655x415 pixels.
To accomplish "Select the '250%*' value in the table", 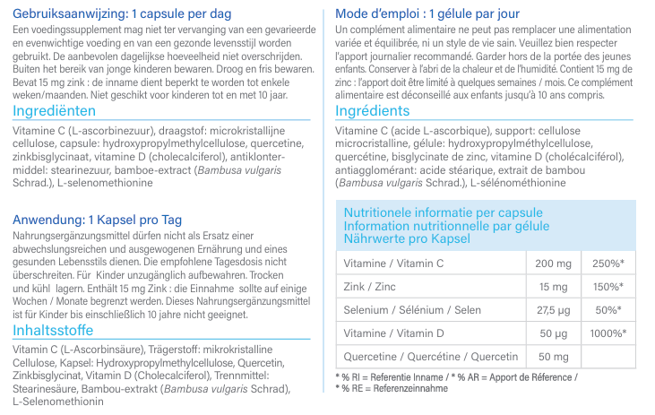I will pyautogui.click(x=608, y=264).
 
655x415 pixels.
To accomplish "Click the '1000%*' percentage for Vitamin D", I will pyautogui.click(x=608, y=333).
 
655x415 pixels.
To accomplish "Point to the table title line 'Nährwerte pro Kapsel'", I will pyautogui.click(x=408, y=239).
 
